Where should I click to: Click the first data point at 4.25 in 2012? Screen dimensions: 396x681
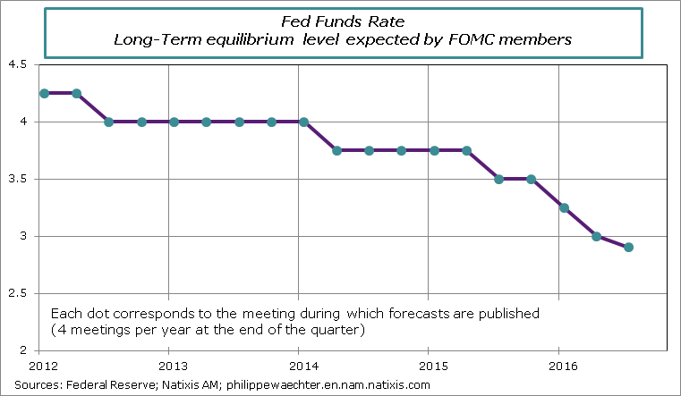[x=44, y=93]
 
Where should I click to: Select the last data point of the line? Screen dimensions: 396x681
[x=628, y=247]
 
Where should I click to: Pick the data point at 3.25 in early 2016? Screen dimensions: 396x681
[x=564, y=207]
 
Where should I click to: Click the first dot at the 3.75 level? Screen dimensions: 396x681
[x=336, y=150]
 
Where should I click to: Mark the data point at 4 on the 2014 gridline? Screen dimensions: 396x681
[x=304, y=122]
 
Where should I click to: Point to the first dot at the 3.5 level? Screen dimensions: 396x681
[x=498, y=179]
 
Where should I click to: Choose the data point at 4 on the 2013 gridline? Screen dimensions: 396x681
[x=174, y=122]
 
